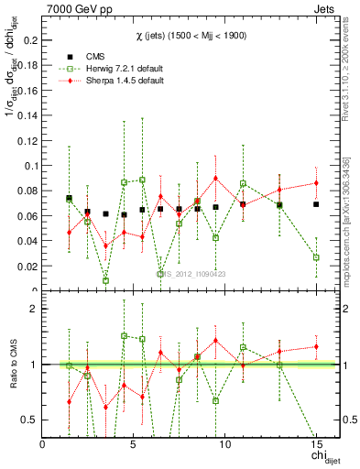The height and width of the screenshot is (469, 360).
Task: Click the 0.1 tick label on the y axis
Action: coord(31,166)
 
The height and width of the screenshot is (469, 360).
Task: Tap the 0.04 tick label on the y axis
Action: coord(27,241)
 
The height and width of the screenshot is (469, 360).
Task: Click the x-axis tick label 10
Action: coord(225,445)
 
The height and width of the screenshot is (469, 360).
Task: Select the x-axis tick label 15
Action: coord(316,445)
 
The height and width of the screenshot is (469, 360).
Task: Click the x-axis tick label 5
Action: coord(134,445)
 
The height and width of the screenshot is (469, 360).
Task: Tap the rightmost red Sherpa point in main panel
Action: coord(316,183)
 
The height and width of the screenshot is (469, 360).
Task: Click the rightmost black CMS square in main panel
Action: coord(316,204)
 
